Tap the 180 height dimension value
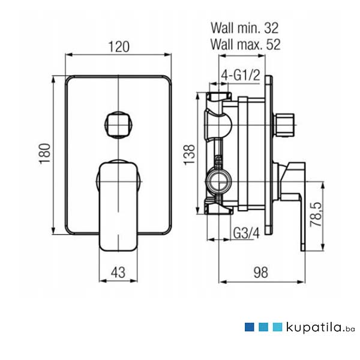(45, 155)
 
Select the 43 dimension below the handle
(118, 271)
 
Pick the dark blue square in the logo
(249, 327)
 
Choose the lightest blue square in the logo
(277, 327)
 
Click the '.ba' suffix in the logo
(350, 329)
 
